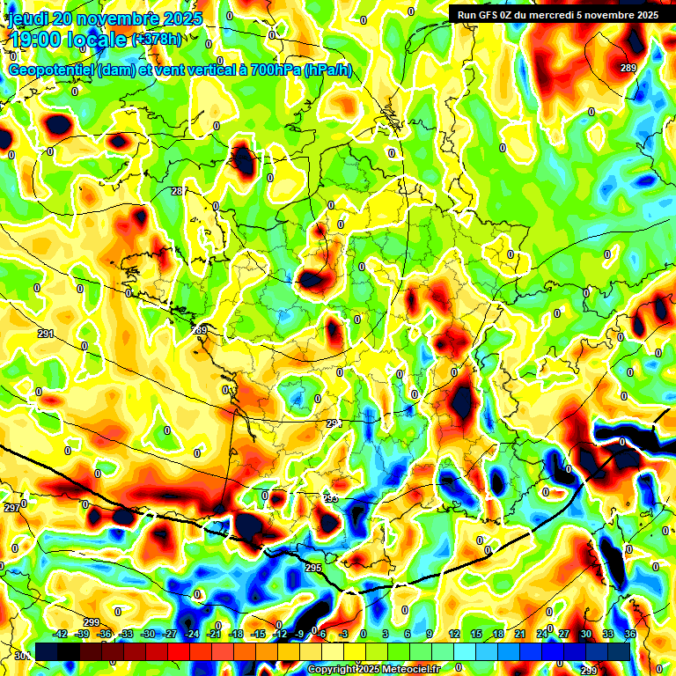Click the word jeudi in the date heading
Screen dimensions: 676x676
click(x=27, y=18)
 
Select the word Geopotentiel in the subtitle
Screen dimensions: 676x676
click(x=50, y=70)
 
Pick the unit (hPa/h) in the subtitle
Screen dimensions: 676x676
click(x=327, y=70)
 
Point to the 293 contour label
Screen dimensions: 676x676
click(x=330, y=498)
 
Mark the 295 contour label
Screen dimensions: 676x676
click(x=313, y=568)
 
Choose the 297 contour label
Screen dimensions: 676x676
click(x=11, y=509)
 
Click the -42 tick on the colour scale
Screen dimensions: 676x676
click(x=61, y=634)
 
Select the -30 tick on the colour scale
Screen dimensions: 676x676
click(x=148, y=634)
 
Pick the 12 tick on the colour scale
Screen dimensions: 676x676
click(x=454, y=634)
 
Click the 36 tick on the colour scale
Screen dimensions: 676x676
click(x=630, y=634)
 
